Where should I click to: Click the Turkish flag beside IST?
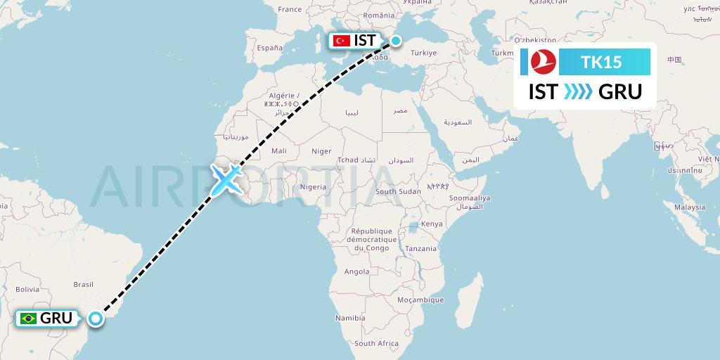[342, 41]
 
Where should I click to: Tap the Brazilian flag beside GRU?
[29, 319]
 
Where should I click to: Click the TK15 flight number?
[602, 62]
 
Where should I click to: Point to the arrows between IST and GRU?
[578, 92]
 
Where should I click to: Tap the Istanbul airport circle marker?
[396, 41]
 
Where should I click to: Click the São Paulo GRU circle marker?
[95, 319]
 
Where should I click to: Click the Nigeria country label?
[313, 187]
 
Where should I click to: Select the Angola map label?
[356, 271]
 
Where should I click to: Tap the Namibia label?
[350, 318]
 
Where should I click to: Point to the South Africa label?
[376, 344]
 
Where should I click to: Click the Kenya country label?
[432, 224]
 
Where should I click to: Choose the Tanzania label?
[420, 248]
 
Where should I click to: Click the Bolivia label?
[27, 289]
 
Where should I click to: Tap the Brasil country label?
[84, 284]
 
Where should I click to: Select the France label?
[289, 9]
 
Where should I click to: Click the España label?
[269, 48]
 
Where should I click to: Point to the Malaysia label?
[689, 207]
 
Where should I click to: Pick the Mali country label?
[279, 150]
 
